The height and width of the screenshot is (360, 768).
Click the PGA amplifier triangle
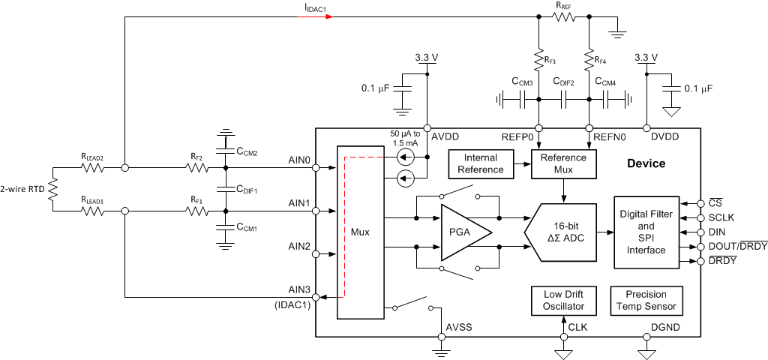463,232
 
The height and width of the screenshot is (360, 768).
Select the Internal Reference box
481,163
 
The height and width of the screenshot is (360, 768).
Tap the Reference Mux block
563,163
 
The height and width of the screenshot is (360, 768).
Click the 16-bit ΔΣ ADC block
560,232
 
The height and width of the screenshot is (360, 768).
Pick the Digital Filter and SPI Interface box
646,232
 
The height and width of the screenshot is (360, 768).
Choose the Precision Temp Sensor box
646,300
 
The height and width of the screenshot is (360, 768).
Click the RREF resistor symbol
564,17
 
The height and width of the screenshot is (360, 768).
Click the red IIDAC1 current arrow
316,17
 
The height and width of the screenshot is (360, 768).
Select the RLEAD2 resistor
92,168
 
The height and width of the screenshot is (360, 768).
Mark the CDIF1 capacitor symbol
225,189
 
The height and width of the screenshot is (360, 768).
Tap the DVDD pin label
665,137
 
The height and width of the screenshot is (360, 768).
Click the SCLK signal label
721,217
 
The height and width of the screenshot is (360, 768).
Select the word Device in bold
646,163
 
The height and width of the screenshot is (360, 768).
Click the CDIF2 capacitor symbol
564,102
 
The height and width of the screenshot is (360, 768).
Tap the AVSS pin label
459,327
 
